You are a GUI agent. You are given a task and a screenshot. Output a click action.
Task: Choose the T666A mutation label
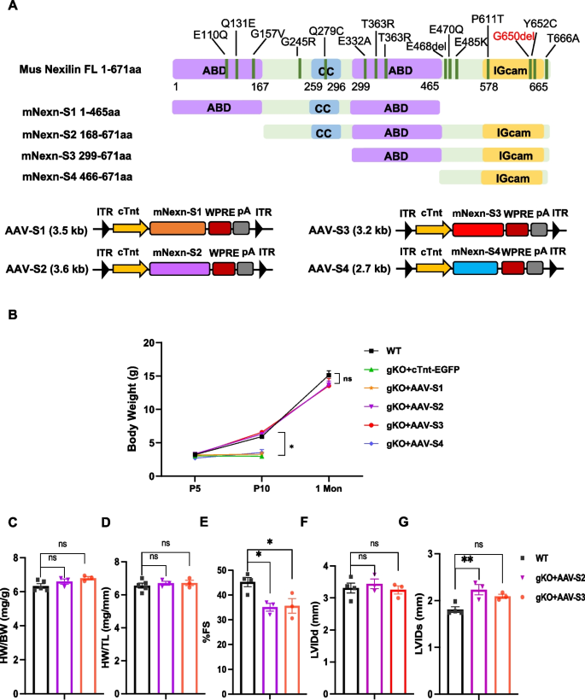point(563,39)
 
